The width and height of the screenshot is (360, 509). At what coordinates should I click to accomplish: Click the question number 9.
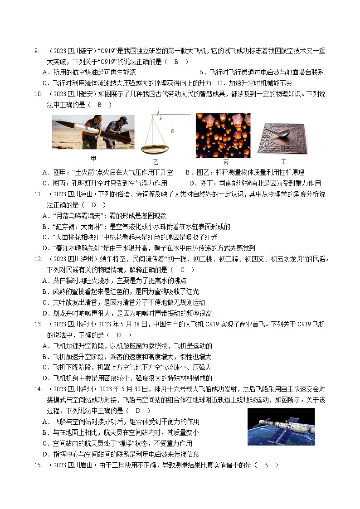click(x=37, y=51)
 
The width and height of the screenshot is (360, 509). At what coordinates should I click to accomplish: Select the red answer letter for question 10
click(x=100, y=105)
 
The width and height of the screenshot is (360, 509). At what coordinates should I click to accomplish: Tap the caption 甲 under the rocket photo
click(x=93, y=158)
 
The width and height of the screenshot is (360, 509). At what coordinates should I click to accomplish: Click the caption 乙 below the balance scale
click(x=156, y=162)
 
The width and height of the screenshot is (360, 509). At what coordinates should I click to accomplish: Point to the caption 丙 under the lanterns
click(x=226, y=162)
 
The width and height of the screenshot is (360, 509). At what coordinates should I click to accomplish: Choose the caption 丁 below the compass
click(x=284, y=161)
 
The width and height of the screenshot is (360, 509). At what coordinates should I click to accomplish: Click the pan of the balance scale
click(x=155, y=149)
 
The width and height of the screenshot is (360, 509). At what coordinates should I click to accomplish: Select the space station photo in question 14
click(x=281, y=427)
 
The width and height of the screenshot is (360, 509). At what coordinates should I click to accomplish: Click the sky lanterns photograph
click(x=223, y=136)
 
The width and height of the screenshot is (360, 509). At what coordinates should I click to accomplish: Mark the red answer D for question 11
click(x=94, y=205)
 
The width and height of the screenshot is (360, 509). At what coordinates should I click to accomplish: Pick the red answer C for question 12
click(x=182, y=270)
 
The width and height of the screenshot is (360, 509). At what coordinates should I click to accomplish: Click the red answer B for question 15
click(x=266, y=465)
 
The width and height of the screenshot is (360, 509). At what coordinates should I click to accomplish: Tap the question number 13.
click(x=38, y=324)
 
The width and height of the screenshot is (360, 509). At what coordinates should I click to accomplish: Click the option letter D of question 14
click(x=45, y=455)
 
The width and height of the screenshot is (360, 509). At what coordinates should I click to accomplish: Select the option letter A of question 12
click(x=45, y=281)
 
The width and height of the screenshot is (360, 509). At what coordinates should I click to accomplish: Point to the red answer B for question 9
click(x=176, y=62)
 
